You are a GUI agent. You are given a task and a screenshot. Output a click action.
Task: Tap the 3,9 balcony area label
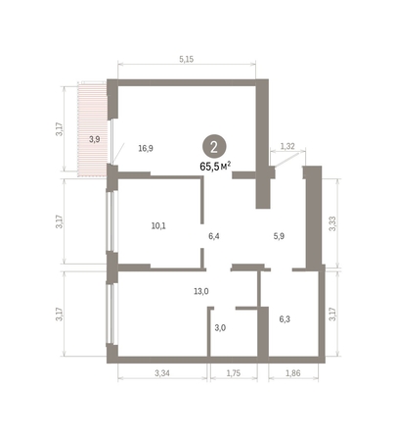(94, 139)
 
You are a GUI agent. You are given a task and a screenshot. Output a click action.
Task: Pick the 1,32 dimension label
(287, 146)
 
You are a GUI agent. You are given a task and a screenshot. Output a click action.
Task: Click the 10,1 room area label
(157, 224)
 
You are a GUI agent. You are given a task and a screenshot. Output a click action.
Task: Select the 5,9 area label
(280, 235)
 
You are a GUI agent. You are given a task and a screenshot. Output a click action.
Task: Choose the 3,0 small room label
(220, 327)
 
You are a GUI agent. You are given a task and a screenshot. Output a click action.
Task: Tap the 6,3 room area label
(286, 318)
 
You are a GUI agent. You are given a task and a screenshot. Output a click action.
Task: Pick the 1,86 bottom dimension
(293, 374)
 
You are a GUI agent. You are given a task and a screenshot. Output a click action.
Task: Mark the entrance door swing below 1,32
(284, 169)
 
